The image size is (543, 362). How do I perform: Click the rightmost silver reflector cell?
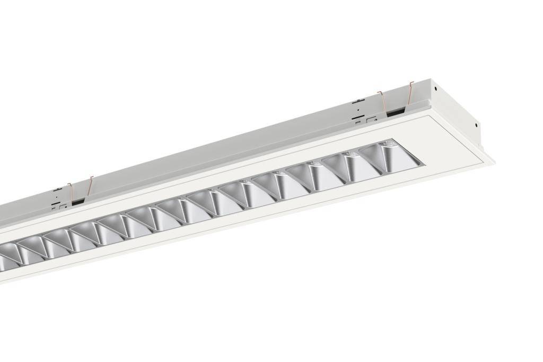click(x=392, y=157)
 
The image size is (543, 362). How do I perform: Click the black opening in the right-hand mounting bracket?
click(x=395, y=113)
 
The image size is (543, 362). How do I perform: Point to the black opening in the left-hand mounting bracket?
click(x=78, y=201)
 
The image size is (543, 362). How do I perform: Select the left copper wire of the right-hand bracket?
click(x=381, y=103)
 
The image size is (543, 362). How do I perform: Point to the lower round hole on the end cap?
click(x=476, y=126)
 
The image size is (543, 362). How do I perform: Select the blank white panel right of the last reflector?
click(x=451, y=146)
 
